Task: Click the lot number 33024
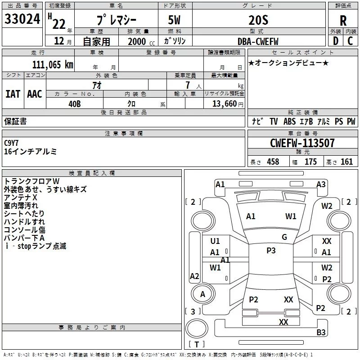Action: point(22,20)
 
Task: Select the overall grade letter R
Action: point(343,20)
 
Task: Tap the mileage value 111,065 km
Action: point(52,64)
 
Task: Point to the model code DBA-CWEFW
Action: point(258,41)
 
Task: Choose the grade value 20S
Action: point(258,20)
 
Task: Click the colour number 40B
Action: point(75,103)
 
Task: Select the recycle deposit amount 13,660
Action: point(224,103)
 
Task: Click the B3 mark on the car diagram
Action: point(321,333)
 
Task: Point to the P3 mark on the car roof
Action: point(271,251)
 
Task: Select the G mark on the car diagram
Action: point(284,237)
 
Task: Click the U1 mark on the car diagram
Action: point(215,241)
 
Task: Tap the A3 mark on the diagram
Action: point(321,184)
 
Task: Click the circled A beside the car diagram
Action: point(202,294)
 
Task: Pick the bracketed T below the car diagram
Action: point(196,345)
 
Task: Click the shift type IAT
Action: point(13,94)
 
